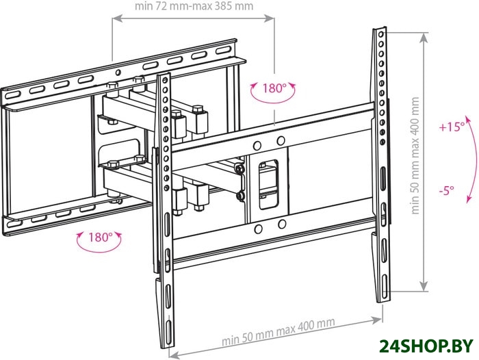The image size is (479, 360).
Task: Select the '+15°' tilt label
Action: [452, 127]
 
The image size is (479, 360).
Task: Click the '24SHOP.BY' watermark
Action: [419, 344]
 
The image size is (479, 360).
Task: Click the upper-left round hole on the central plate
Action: [258, 145]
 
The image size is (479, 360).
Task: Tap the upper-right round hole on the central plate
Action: [281, 142]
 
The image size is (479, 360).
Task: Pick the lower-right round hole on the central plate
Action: [281, 225]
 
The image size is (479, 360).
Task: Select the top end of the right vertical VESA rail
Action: [379, 31]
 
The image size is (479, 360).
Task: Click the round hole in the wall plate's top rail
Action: [119, 71]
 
